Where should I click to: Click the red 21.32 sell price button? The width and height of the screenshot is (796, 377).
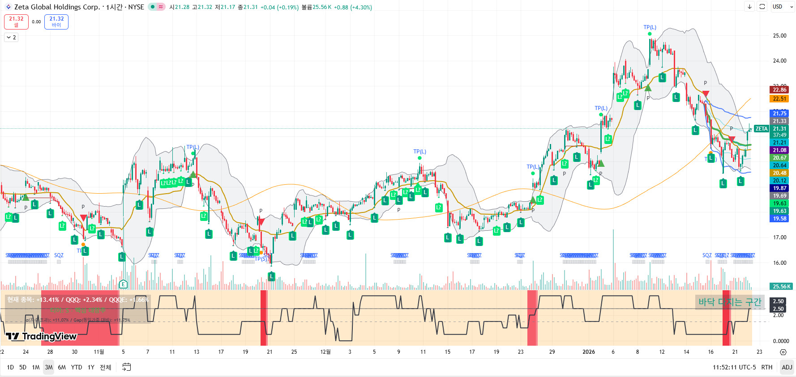pyautogui.click(x=16, y=21)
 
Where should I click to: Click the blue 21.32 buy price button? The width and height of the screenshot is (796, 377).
pyautogui.click(x=56, y=21)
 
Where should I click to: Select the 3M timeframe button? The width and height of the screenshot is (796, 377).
pyautogui.click(x=49, y=367)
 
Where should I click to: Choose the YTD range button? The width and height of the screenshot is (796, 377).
pyautogui.click(x=77, y=367)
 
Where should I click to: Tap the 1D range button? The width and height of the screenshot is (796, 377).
pyautogui.click(x=10, y=367)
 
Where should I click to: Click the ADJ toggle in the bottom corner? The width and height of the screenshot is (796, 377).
pyautogui.click(x=787, y=367)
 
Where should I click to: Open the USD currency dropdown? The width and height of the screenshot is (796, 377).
pyautogui.click(x=781, y=7)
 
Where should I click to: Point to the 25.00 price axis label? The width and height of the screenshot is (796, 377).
pyautogui.click(x=779, y=36)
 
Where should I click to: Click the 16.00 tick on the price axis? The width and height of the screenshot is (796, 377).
pyautogui.click(x=779, y=263)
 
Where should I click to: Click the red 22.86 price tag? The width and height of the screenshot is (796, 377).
pyautogui.click(x=779, y=90)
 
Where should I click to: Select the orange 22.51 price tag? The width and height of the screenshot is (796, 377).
pyautogui.click(x=779, y=99)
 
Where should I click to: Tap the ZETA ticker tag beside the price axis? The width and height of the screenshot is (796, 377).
pyautogui.click(x=761, y=129)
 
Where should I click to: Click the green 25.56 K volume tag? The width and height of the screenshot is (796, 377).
pyautogui.click(x=781, y=287)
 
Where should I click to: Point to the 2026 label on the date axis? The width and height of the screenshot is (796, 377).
pyautogui.click(x=588, y=352)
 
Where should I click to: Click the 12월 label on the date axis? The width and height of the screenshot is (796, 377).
pyautogui.click(x=325, y=352)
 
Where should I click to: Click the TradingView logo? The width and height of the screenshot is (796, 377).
pyautogui.click(x=41, y=336)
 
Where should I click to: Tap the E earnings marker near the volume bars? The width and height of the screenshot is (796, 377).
pyautogui.click(x=124, y=284)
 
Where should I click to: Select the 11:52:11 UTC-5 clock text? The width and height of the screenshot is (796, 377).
pyautogui.click(x=734, y=367)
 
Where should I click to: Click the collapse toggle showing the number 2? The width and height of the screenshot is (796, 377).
pyautogui.click(x=11, y=38)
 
